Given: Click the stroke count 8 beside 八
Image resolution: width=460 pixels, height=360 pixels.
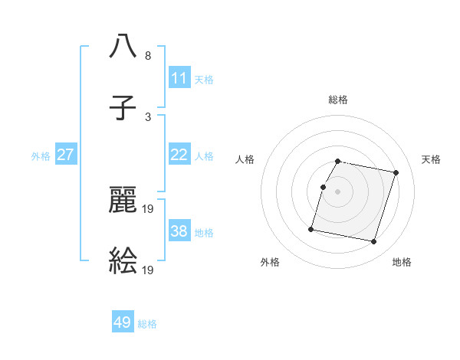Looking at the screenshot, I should coord(147,56).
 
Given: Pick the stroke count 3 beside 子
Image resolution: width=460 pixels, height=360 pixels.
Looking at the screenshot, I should coord(147,116).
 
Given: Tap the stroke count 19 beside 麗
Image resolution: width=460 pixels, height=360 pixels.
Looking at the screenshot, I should coord(148,208).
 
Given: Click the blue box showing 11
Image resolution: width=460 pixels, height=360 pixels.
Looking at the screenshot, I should coord(179,78).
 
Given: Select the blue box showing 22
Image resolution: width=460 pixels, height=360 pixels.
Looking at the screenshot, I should coord(179,155).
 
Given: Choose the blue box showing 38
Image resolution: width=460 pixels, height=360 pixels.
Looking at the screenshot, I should coord(179,231).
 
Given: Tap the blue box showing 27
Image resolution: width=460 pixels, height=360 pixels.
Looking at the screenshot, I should coord(65,155).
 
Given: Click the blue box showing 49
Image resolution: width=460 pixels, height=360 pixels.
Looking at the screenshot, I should coord(122,322).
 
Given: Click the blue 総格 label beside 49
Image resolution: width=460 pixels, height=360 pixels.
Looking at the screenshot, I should coord(147,324).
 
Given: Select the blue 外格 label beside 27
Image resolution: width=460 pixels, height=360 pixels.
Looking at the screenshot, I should coord(41,156).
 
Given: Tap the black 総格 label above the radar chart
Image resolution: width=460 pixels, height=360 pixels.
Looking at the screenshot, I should coord(338,100).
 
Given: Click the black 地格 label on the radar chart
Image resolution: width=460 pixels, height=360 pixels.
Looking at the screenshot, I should coord(402,263).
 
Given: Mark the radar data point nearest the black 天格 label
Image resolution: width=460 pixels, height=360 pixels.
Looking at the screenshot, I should coord(396,173).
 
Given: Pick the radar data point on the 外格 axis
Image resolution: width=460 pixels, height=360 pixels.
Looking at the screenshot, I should coord(311,228).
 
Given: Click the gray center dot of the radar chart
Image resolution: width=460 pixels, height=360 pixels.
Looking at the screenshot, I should coord(338,191).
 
